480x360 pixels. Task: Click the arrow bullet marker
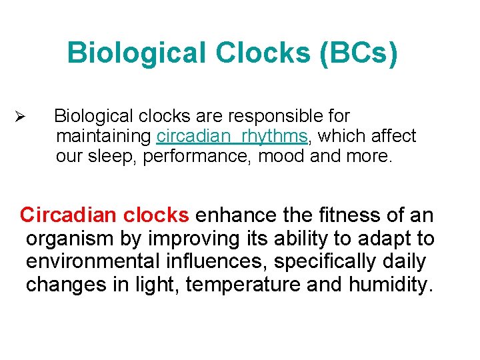pos(19,117)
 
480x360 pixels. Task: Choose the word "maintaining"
pos(104,137)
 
